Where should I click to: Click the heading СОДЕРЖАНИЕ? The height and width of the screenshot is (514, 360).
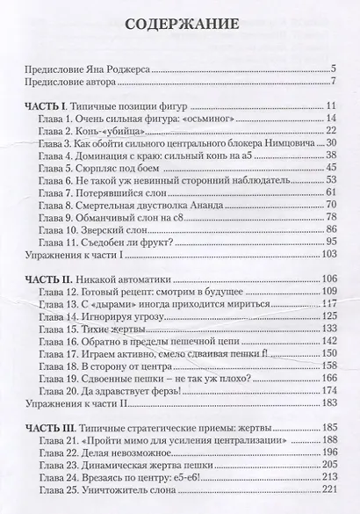pyautogui.click(x=179, y=23)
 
